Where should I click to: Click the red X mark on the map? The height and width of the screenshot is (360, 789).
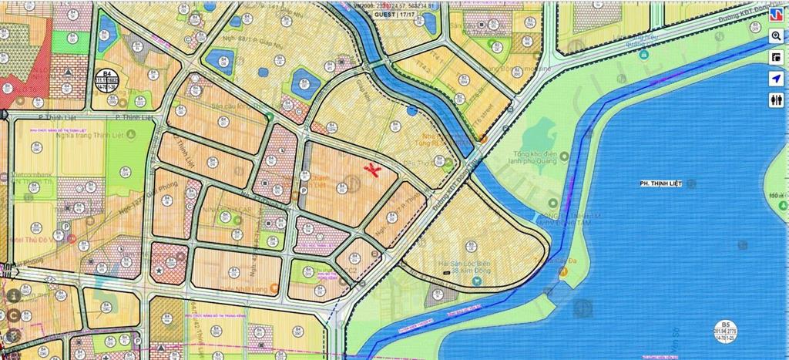[x=373, y=170]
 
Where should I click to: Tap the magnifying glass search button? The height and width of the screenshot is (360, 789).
[x=776, y=36]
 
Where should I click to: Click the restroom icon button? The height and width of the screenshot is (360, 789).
[x=776, y=101]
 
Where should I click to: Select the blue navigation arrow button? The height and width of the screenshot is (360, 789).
[x=776, y=79]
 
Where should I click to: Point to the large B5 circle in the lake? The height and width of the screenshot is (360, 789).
[x=724, y=331]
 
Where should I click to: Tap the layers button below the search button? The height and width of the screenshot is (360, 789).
[x=776, y=58]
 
